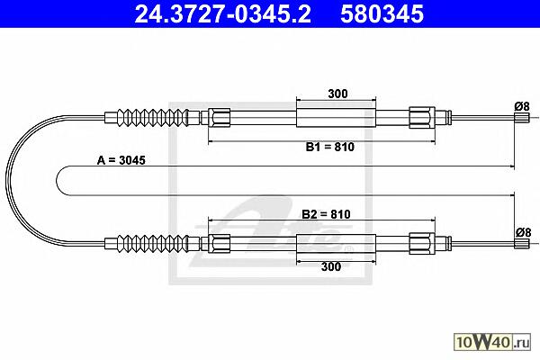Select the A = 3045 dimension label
[x=121, y=159]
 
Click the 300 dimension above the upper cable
[x=338, y=93]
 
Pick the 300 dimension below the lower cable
[x=331, y=267]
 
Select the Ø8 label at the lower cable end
[x=521, y=232]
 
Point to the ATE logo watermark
[x=279, y=229]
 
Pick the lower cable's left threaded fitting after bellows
[x=220, y=241]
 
